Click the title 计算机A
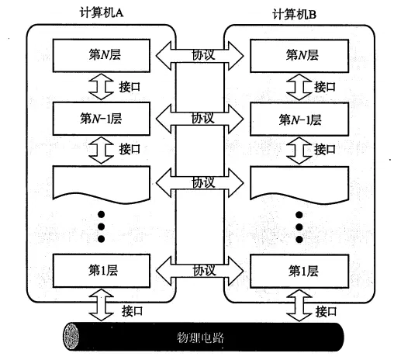tap(102, 12)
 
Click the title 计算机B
tap(294, 14)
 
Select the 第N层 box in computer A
tap(102, 55)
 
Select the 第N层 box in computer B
tap(299, 56)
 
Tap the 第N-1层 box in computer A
tap(102, 119)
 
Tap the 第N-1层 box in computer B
tap(299, 119)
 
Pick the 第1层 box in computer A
tap(102, 271)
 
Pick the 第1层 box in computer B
tap(299, 272)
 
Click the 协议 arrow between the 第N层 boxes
tap(199, 56)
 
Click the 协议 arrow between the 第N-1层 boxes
tap(199, 119)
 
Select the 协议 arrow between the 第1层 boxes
tap(199, 271)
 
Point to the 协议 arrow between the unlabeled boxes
tap(199, 183)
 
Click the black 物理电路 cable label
tap(200, 337)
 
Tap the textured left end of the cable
tap(71, 337)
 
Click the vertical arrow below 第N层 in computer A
tap(101, 87)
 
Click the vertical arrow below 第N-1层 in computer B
tap(299, 151)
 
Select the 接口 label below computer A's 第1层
tap(132, 311)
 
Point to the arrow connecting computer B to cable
tap(299, 305)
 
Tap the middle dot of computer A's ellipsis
tap(101, 227)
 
